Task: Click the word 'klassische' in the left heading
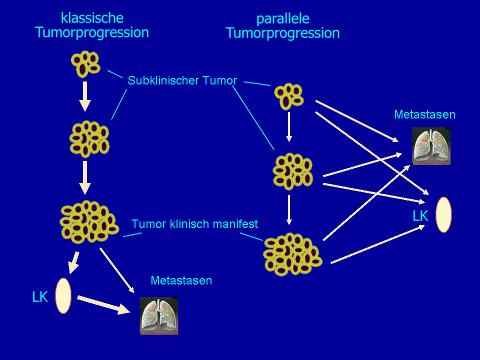coord(92,18)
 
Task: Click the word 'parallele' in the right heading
coord(282,19)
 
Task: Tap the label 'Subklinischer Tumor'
coord(182,80)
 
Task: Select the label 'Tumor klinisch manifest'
coord(194,223)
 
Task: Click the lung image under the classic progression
coord(159,315)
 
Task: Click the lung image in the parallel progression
coord(431,145)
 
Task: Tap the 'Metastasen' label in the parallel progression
coord(424,114)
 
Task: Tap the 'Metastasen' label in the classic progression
coord(181,280)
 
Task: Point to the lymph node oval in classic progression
coord(63,295)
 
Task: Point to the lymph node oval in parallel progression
coord(443,214)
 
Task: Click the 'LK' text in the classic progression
coord(40,297)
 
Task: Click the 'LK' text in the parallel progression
coord(420,216)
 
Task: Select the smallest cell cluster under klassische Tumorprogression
coord(85,63)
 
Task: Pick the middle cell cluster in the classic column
coord(89,138)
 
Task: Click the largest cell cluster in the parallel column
coord(292,253)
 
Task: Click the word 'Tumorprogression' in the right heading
coord(282,33)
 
